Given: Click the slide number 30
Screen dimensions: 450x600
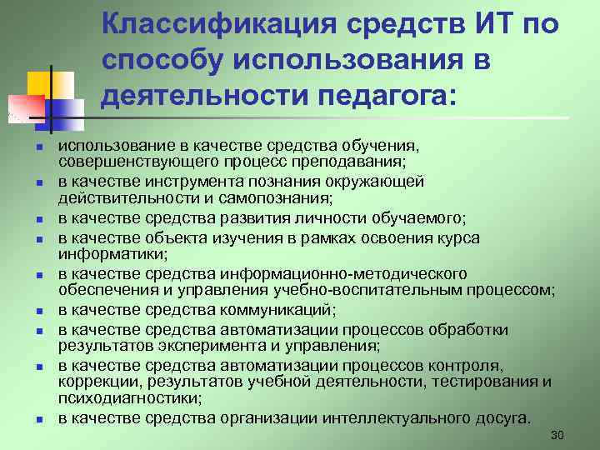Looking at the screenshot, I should tap(557, 436).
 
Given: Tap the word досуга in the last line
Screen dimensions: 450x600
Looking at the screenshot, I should tap(503, 417).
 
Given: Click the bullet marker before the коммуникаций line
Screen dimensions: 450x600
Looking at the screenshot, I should tap(39, 312).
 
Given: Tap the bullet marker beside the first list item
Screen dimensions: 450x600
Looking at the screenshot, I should tap(39, 147).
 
